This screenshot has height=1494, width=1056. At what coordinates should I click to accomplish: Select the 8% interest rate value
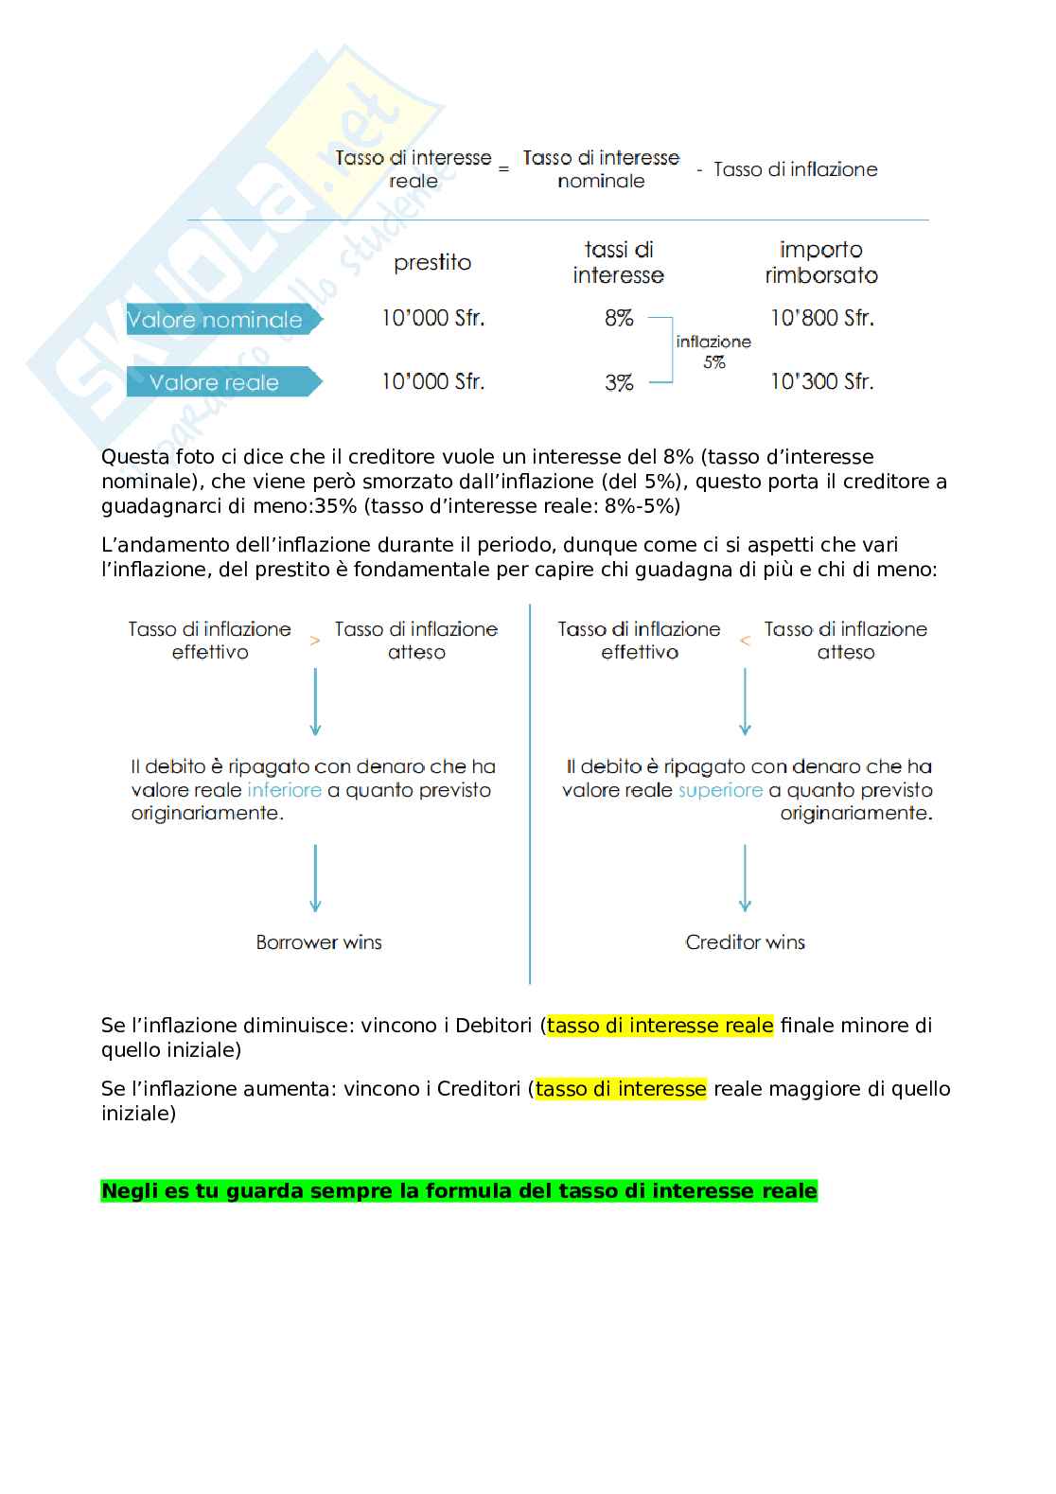[x=619, y=318]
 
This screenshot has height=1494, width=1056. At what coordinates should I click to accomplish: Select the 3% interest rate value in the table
[x=619, y=382]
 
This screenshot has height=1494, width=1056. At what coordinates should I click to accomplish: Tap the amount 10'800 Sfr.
[x=821, y=318]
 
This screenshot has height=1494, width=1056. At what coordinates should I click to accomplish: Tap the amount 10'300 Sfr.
[x=821, y=381]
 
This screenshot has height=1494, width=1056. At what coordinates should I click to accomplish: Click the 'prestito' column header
[x=432, y=263]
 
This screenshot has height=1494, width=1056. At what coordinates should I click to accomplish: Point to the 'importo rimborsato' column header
[x=821, y=262]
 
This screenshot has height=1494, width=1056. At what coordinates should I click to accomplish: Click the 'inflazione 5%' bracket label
[x=713, y=351]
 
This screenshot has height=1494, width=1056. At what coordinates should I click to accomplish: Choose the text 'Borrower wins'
[x=319, y=942]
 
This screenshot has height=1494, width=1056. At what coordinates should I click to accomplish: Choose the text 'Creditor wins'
[x=745, y=942]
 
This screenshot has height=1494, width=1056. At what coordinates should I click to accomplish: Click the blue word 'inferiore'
[x=284, y=790]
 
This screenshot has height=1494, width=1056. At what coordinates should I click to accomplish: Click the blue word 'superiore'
[x=720, y=790]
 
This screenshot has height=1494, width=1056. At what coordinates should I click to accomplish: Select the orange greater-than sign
[x=315, y=641]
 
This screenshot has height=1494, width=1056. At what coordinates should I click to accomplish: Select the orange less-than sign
[x=745, y=641]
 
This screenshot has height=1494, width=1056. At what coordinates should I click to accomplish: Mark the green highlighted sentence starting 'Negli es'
[x=459, y=1191]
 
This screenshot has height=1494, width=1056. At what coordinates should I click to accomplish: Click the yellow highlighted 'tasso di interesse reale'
[x=660, y=1026]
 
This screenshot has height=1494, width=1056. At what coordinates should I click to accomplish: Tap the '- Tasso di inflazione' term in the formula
[x=787, y=169]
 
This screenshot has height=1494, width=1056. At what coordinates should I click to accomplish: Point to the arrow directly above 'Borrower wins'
[x=315, y=878]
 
